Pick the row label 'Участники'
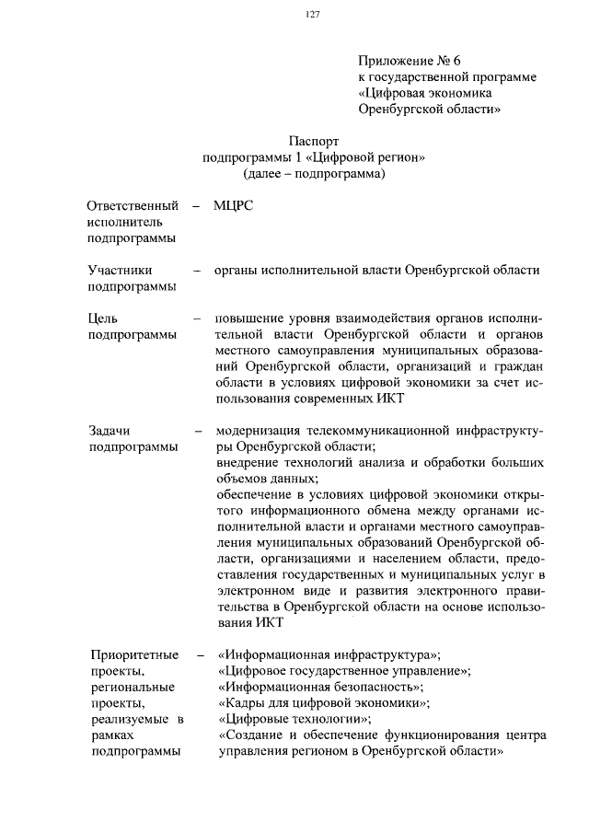[x=120, y=270]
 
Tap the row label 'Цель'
[x=102, y=318]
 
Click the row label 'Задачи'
[x=110, y=430]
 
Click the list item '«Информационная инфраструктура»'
[x=329, y=654]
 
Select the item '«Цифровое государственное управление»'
[x=344, y=671]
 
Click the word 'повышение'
[x=248, y=318]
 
